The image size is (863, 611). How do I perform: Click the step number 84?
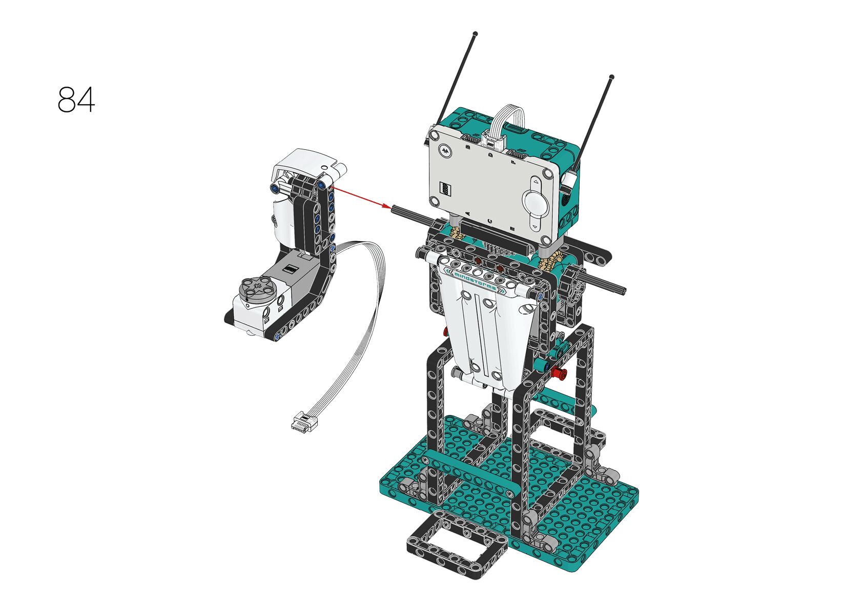pos(76,99)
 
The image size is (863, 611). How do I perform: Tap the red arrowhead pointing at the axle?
pos(386,206)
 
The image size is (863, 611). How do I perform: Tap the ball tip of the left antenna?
pos(476,34)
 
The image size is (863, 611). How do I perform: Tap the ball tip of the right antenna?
pos(612,77)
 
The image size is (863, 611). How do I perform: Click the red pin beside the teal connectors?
pos(558,372)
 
